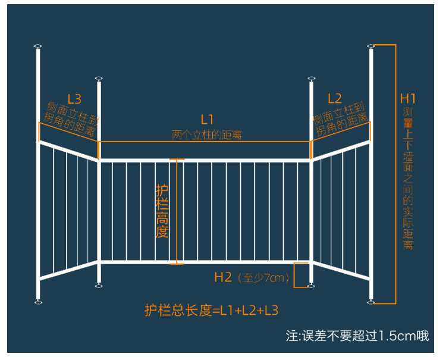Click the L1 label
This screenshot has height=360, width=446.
206,119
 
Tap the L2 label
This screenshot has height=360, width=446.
335,98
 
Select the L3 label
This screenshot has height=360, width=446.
74,98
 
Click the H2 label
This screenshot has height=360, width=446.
223,277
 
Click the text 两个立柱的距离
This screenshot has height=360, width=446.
206,135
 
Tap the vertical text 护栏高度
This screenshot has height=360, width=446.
162,211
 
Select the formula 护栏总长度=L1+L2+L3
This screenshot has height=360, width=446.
211,310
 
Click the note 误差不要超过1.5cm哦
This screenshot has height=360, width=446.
357,336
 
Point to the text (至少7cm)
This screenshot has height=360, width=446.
262,277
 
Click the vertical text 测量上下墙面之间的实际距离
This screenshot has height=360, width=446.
408,179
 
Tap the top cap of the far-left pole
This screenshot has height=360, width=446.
38,46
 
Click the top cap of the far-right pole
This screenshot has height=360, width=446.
371,46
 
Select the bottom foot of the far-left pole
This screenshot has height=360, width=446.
38,302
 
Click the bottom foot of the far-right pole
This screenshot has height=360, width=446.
371,302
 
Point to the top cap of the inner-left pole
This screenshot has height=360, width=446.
99,79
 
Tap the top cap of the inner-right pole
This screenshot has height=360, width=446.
310,79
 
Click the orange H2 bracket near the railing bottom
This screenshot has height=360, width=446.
301,274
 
